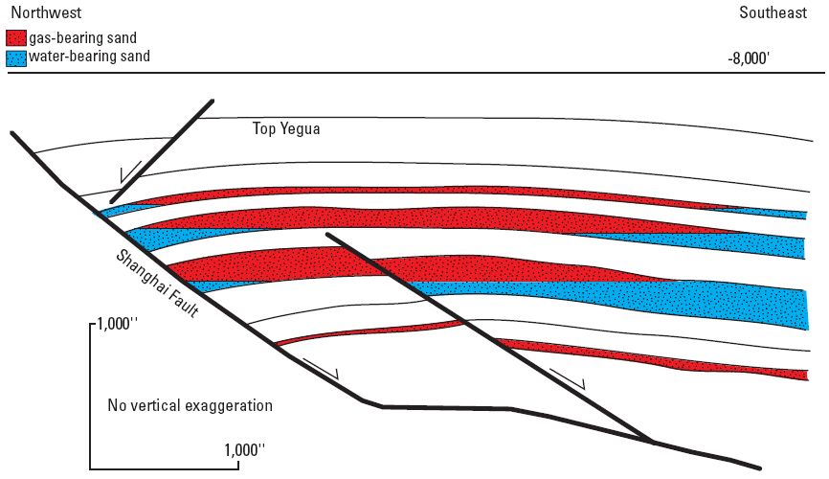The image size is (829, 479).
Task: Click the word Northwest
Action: click(47, 12)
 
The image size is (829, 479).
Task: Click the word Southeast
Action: click(773, 12)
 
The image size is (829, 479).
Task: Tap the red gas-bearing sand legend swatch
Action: click(16, 38)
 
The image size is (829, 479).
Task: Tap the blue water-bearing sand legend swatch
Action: click(16, 58)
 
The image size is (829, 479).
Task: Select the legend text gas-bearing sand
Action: click(83, 38)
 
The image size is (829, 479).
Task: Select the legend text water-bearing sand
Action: click(89, 57)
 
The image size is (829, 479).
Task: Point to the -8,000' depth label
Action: click(748, 58)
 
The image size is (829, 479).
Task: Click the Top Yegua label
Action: click(286, 128)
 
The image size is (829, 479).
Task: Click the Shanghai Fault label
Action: click(157, 284)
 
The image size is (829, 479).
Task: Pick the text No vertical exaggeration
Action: click(190, 405)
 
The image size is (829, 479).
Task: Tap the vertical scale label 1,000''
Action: click(117, 324)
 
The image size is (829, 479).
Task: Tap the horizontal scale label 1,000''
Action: click(244, 450)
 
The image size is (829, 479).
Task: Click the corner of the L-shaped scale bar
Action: click(90, 468)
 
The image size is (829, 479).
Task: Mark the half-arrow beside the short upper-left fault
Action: click(130, 171)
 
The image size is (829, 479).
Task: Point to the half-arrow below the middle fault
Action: click(568, 379)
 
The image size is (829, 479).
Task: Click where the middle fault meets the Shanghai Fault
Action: click(653, 441)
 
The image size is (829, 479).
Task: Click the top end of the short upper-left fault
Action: click(213, 100)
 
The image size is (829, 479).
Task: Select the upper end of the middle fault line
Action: click(327, 234)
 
